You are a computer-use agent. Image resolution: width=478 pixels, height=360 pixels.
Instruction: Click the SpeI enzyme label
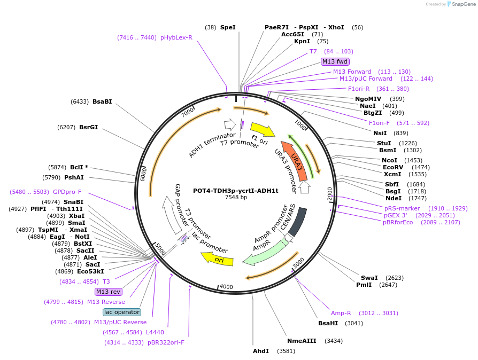(x=228, y=27)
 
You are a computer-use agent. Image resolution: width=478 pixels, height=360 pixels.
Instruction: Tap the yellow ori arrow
(x=218, y=259)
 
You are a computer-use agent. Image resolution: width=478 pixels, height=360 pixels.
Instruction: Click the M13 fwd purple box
(x=335, y=61)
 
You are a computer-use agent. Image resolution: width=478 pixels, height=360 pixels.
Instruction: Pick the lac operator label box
(x=122, y=312)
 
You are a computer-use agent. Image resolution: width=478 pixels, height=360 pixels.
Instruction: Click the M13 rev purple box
(x=109, y=292)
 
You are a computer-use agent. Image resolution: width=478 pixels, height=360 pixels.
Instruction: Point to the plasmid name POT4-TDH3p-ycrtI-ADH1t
(x=236, y=191)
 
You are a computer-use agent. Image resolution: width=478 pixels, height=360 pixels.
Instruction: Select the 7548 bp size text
(x=236, y=198)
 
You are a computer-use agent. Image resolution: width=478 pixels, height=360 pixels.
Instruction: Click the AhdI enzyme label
(x=261, y=351)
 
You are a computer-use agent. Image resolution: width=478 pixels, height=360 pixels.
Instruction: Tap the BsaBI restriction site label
(x=102, y=101)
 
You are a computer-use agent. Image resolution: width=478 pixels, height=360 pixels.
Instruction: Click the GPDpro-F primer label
(x=67, y=192)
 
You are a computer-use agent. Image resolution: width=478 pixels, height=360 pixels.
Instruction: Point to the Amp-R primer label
(x=341, y=313)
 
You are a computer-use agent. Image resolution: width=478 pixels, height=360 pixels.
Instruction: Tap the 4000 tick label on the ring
(x=227, y=287)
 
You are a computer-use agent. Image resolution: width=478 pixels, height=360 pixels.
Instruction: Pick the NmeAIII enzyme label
(x=302, y=341)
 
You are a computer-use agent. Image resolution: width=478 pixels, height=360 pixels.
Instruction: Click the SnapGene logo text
(x=463, y=4)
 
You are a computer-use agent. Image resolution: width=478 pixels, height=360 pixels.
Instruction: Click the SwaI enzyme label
(x=369, y=278)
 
